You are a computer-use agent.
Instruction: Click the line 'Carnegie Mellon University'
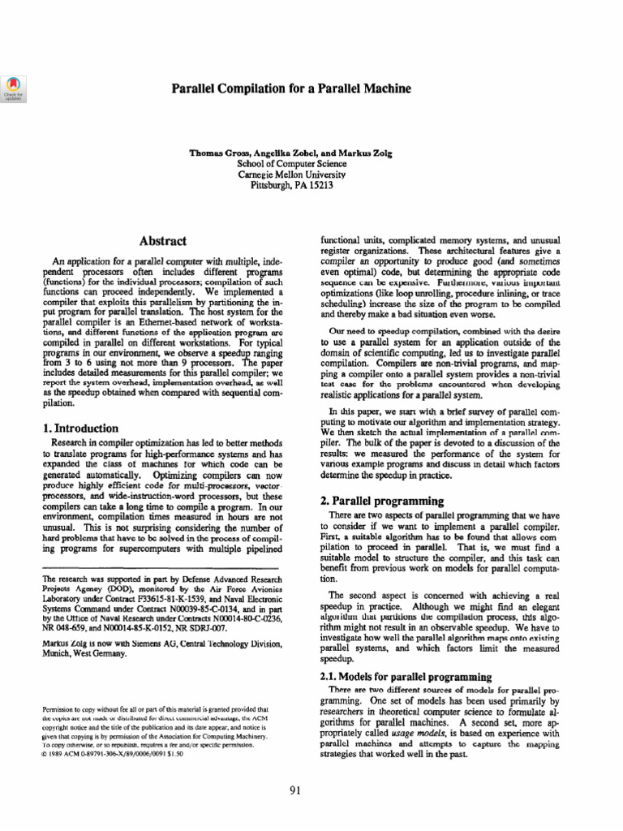pos(291,174)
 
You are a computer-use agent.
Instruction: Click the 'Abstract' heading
pos(163,241)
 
